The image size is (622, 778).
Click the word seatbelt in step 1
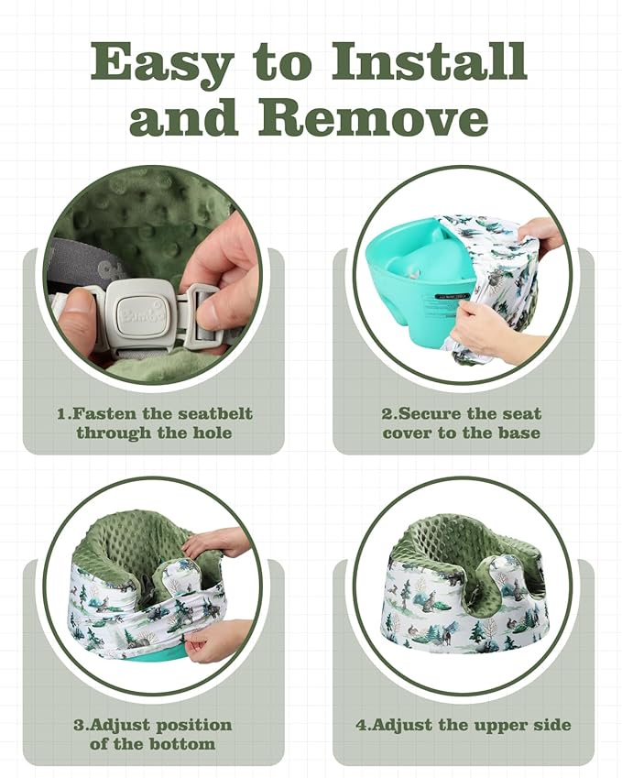215,413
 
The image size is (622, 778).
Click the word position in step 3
194,726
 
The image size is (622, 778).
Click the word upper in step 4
500,726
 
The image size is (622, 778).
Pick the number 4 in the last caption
361,725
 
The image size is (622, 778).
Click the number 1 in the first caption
61,413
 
